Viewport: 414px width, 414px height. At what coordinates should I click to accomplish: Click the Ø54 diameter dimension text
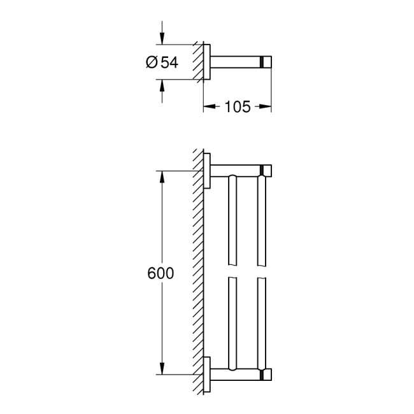[x=161, y=62]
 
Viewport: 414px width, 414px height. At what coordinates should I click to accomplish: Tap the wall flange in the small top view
[x=206, y=62]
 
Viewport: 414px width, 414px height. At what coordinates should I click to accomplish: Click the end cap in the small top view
[x=267, y=62]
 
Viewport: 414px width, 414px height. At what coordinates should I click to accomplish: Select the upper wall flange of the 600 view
[x=206, y=171]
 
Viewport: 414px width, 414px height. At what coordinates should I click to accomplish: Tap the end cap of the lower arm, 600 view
[x=267, y=374]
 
